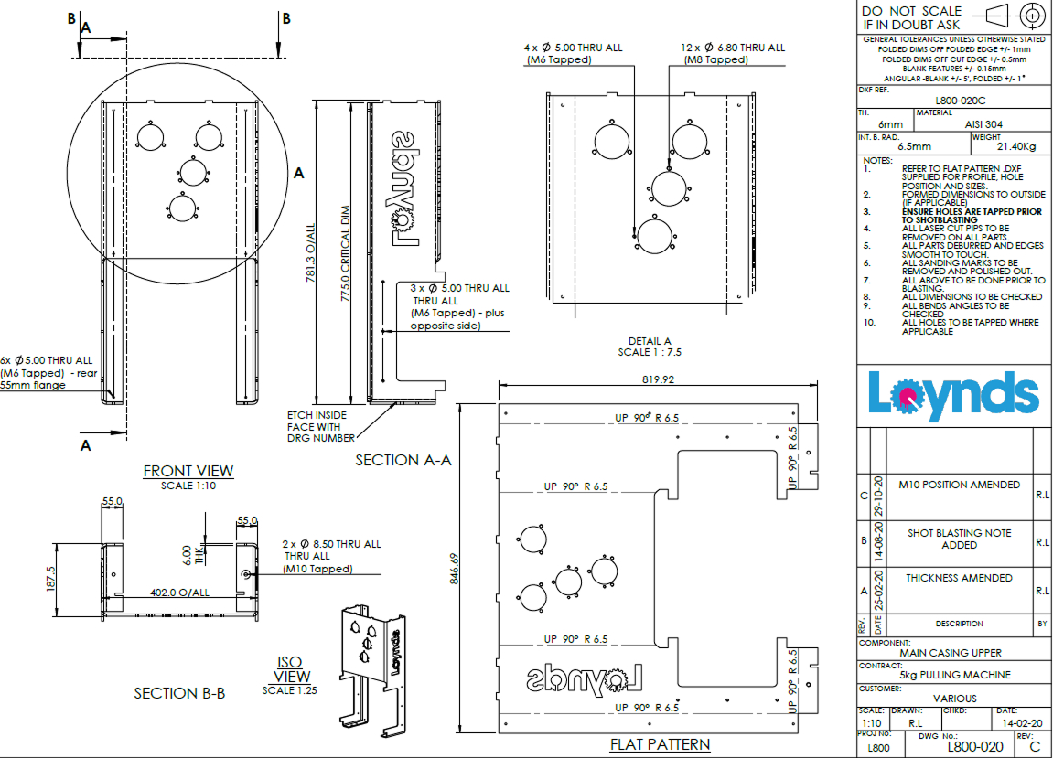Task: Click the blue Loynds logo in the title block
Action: pos(953,395)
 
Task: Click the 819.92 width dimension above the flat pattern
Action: pos(658,379)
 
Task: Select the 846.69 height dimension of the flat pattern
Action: pos(455,569)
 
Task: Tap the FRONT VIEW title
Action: pos(188,471)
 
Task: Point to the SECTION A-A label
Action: pos(403,461)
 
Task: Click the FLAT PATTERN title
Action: pos(661,744)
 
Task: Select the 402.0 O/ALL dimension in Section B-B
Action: pos(179,593)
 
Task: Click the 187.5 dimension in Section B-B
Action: pos(52,579)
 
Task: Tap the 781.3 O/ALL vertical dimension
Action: pos(311,252)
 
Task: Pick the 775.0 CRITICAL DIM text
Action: pos(346,253)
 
